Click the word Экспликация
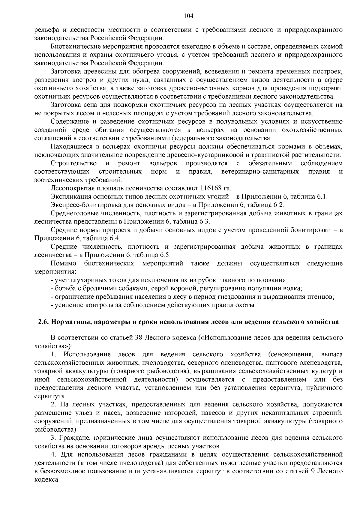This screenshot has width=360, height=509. pos(69,197)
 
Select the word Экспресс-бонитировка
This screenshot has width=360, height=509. pos(83,205)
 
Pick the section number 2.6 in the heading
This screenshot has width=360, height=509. pos(43,322)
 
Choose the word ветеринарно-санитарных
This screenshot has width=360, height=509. pos(260,172)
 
